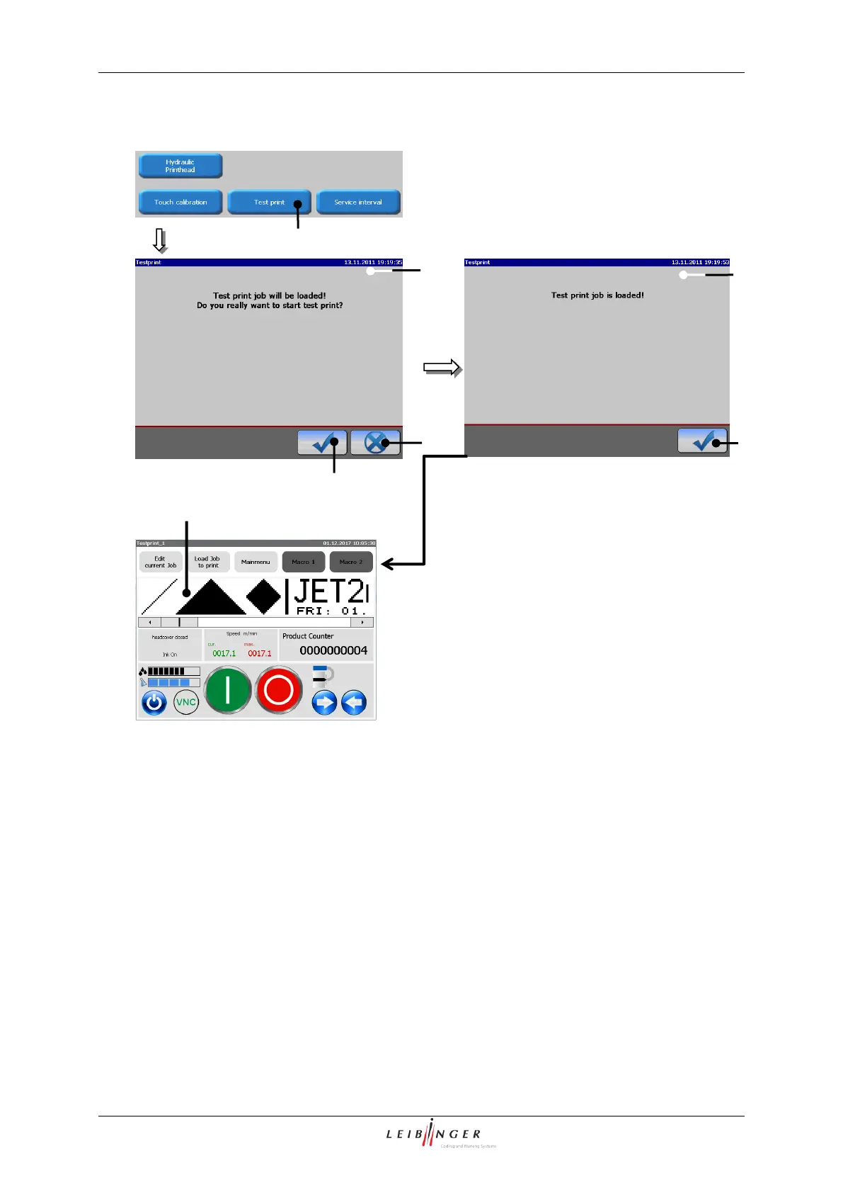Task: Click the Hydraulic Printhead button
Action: point(180,166)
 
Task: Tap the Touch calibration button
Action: point(180,202)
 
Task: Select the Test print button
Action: point(269,202)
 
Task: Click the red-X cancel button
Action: point(376,443)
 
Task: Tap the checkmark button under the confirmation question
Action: point(322,443)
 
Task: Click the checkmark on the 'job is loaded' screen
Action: point(702,441)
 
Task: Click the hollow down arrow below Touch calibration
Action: point(160,241)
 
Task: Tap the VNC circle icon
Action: point(185,702)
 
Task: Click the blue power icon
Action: point(154,703)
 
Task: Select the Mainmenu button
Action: point(256,562)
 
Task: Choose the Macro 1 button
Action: point(304,562)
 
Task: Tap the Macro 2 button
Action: point(351,562)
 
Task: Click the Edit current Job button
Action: point(161,562)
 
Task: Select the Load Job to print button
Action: point(208,562)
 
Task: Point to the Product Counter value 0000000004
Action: point(333,650)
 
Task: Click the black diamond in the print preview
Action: point(263,596)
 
